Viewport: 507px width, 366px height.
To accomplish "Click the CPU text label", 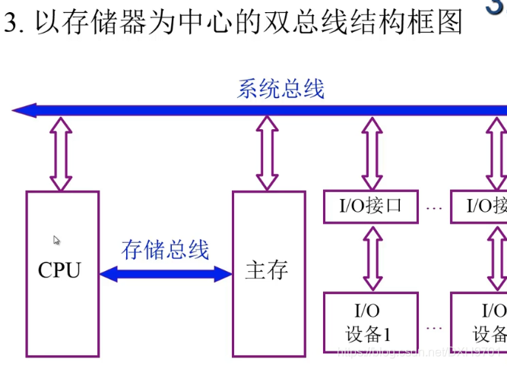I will pyautogui.click(x=59, y=270).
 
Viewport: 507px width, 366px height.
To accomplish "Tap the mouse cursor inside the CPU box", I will pyautogui.click(x=57, y=241).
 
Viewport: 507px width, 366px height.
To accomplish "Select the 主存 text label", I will pyautogui.click(x=267, y=270).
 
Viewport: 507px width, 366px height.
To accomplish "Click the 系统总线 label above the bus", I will pyautogui.click(x=280, y=89).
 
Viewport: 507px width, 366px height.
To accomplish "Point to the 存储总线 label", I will pyautogui.click(x=165, y=249).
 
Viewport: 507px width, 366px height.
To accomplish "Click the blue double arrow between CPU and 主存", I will pyautogui.click(x=166, y=273).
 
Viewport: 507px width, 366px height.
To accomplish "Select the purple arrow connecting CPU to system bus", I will pyautogui.click(x=62, y=153).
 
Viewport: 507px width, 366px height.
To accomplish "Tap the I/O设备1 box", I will pyautogui.click(x=371, y=322).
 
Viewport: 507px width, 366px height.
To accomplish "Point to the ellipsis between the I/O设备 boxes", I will pyautogui.click(x=435, y=327).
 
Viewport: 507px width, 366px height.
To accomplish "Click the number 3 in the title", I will pyautogui.click(x=10, y=23).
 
